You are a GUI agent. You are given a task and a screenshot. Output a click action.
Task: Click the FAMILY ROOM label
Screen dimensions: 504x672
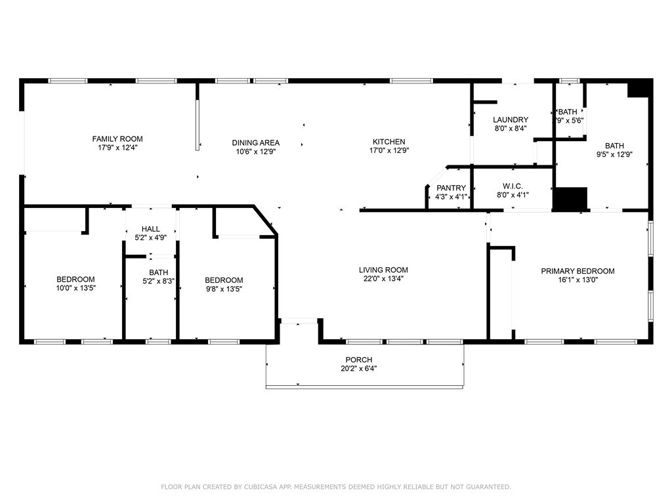tap(117, 138)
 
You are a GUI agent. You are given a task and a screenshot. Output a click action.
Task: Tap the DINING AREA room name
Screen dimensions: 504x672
tap(255, 142)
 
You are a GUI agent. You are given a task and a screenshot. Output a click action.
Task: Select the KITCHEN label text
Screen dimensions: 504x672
tap(388, 142)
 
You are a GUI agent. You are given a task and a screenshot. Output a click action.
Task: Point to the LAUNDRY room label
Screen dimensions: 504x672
tap(510, 119)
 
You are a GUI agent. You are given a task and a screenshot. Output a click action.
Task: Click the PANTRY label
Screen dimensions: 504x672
tap(451, 188)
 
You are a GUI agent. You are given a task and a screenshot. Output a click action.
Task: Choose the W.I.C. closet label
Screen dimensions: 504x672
tap(512, 186)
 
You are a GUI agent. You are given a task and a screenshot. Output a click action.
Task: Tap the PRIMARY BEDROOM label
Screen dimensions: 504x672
tap(577, 271)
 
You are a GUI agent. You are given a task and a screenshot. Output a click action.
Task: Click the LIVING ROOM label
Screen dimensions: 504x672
tap(383, 270)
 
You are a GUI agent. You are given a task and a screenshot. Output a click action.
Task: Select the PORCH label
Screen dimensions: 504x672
tap(359, 360)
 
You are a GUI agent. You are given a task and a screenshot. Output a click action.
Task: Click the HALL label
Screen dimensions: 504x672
tap(150, 229)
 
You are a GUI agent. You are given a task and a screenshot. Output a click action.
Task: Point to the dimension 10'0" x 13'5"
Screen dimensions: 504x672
tap(75, 288)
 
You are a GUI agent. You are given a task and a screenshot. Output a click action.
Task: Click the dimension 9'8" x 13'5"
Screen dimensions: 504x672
tap(224, 289)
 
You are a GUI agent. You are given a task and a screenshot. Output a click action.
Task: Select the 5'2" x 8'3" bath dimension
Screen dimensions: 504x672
tap(158, 281)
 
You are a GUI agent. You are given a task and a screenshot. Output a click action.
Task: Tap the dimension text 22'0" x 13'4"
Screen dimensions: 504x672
tap(383, 278)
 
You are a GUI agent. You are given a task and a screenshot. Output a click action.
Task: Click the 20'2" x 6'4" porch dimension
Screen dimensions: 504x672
tap(359, 368)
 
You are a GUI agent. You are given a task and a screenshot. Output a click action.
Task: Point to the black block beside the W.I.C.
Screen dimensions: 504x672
tap(570, 199)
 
